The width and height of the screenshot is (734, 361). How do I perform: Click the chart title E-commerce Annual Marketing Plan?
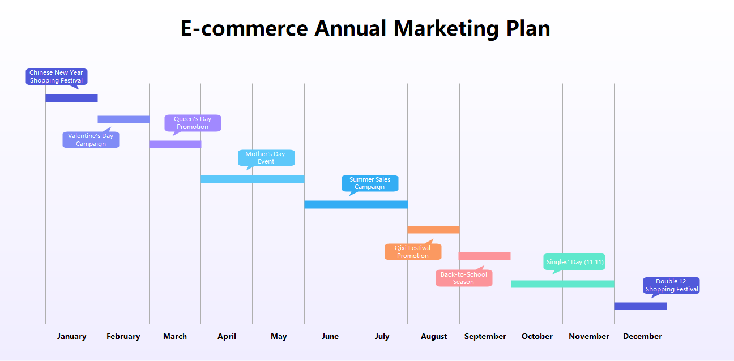point(365,28)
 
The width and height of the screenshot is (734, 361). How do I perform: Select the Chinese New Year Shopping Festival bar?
point(71,98)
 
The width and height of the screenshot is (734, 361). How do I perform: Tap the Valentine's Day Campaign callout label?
point(91,140)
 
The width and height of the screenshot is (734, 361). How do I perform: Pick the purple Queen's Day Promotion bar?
point(175,144)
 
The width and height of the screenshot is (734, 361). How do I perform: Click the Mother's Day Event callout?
point(266,158)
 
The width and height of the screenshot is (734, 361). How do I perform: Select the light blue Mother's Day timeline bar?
point(253,179)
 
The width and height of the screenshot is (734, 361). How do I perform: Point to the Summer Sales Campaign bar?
point(356,204)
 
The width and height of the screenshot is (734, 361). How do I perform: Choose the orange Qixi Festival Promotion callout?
point(413,252)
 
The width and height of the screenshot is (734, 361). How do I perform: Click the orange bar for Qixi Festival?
point(433,230)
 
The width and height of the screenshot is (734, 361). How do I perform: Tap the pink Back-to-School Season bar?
point(485,256)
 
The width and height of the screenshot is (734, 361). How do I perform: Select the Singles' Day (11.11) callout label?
point(575,262)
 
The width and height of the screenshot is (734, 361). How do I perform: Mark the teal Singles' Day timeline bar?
point(562,284)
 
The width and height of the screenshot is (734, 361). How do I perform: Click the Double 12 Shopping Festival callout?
point(671,285)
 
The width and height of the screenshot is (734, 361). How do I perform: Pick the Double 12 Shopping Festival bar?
point(641,306)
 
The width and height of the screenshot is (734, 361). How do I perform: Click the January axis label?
point(71,336)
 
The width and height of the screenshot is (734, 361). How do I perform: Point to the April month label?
point(227,336)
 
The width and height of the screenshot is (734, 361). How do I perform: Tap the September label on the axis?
point(485,336)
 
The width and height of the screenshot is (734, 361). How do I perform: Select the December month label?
point(642,336)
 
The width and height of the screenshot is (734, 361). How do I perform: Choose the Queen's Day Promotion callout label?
point(193,123)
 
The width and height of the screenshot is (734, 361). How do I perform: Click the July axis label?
point(382,336)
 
